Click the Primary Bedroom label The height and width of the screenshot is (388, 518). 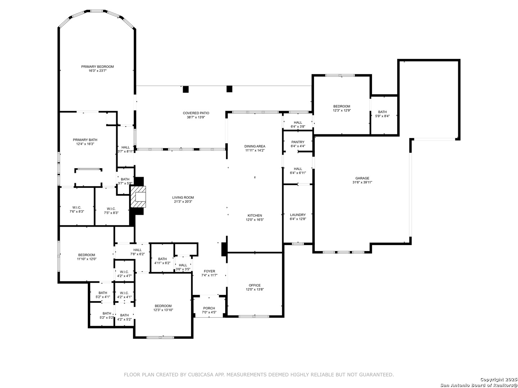click(x=97, y=67)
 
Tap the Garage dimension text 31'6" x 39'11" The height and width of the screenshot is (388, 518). click(x=362, y=182)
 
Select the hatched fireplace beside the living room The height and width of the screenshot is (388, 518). click(x=138, y=197)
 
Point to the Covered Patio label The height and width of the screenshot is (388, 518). click(x=196, y=113)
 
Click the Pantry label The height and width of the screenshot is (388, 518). click(x=298, y=142)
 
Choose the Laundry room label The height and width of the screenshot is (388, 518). click(x=298, y=215)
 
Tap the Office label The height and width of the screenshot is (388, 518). click(x=255, y=285)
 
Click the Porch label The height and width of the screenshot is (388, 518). click(x=209, y=308)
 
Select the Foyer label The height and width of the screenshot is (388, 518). click(x=209, y=271)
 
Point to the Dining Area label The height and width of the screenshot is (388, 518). click(x=255, y=146)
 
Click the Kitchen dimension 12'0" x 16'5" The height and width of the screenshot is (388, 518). click(x=255, y=220)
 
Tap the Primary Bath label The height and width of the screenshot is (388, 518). click(x=85, y=140)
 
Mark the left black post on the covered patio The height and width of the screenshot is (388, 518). click(x=186, y=89)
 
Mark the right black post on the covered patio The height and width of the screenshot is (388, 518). click(x=230, y=89)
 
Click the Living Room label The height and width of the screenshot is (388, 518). click(x=183, y=198)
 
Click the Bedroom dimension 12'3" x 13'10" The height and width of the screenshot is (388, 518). click(x=163, y=310)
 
